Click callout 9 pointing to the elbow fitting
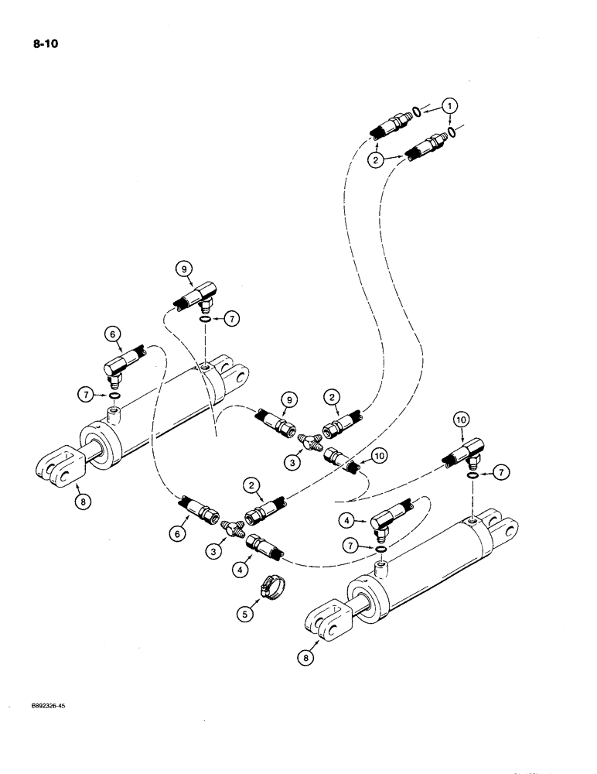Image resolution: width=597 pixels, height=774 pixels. tap(185, 269)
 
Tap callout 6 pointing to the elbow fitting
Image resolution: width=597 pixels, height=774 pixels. tap(114, 334)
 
